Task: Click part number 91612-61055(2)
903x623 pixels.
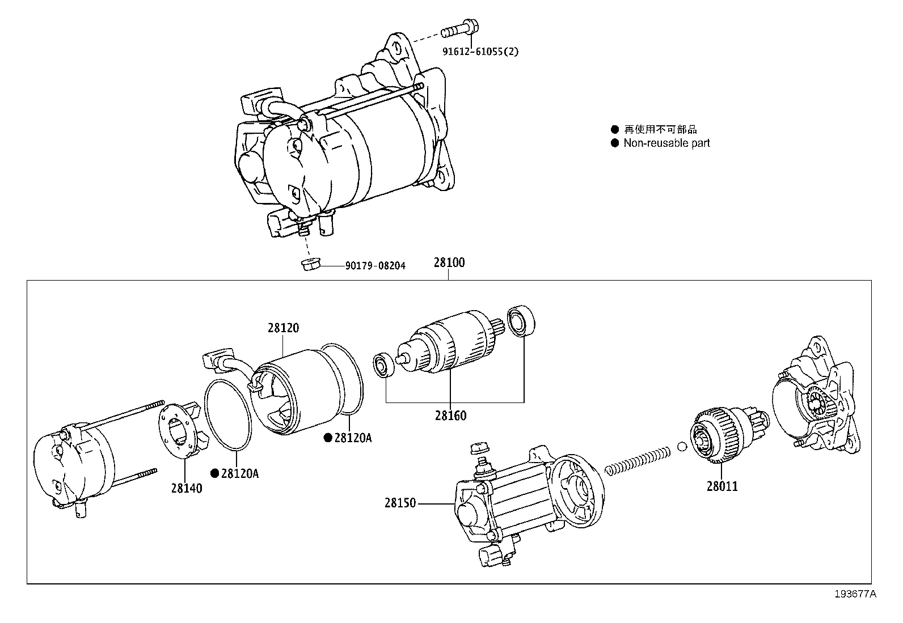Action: tap(480, 52)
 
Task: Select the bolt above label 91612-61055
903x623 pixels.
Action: tap(459, 25)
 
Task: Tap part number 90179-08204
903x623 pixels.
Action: tap(375, 265)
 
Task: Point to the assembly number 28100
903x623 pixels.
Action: tap(449, 262)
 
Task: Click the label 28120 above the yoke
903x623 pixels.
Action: tap(284, 328)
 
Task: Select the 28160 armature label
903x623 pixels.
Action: tap(451, 416)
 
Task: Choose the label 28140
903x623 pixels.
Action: tap(187, 488)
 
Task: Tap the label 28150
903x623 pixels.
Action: tap(400, 503)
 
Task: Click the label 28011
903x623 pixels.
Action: tap(722, 486)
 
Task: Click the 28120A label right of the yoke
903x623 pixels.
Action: tap(352, 438)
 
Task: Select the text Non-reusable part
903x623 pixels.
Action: tap(666, 143)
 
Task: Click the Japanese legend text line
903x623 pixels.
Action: tap(660, 129)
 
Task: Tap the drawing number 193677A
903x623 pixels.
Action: tap(855, 594)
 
